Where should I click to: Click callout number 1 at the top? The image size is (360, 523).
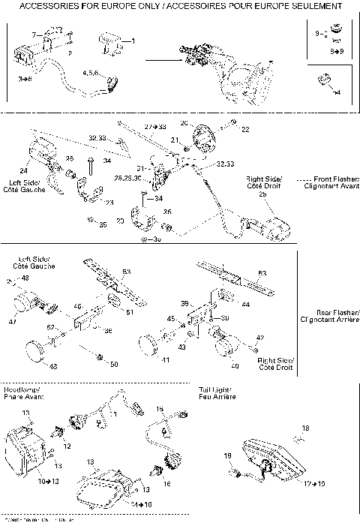point(133,41)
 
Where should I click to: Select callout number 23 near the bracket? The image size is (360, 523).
point(109,202)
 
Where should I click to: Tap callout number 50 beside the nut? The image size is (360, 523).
point(114,365)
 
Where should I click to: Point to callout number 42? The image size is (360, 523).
point(260,338)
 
